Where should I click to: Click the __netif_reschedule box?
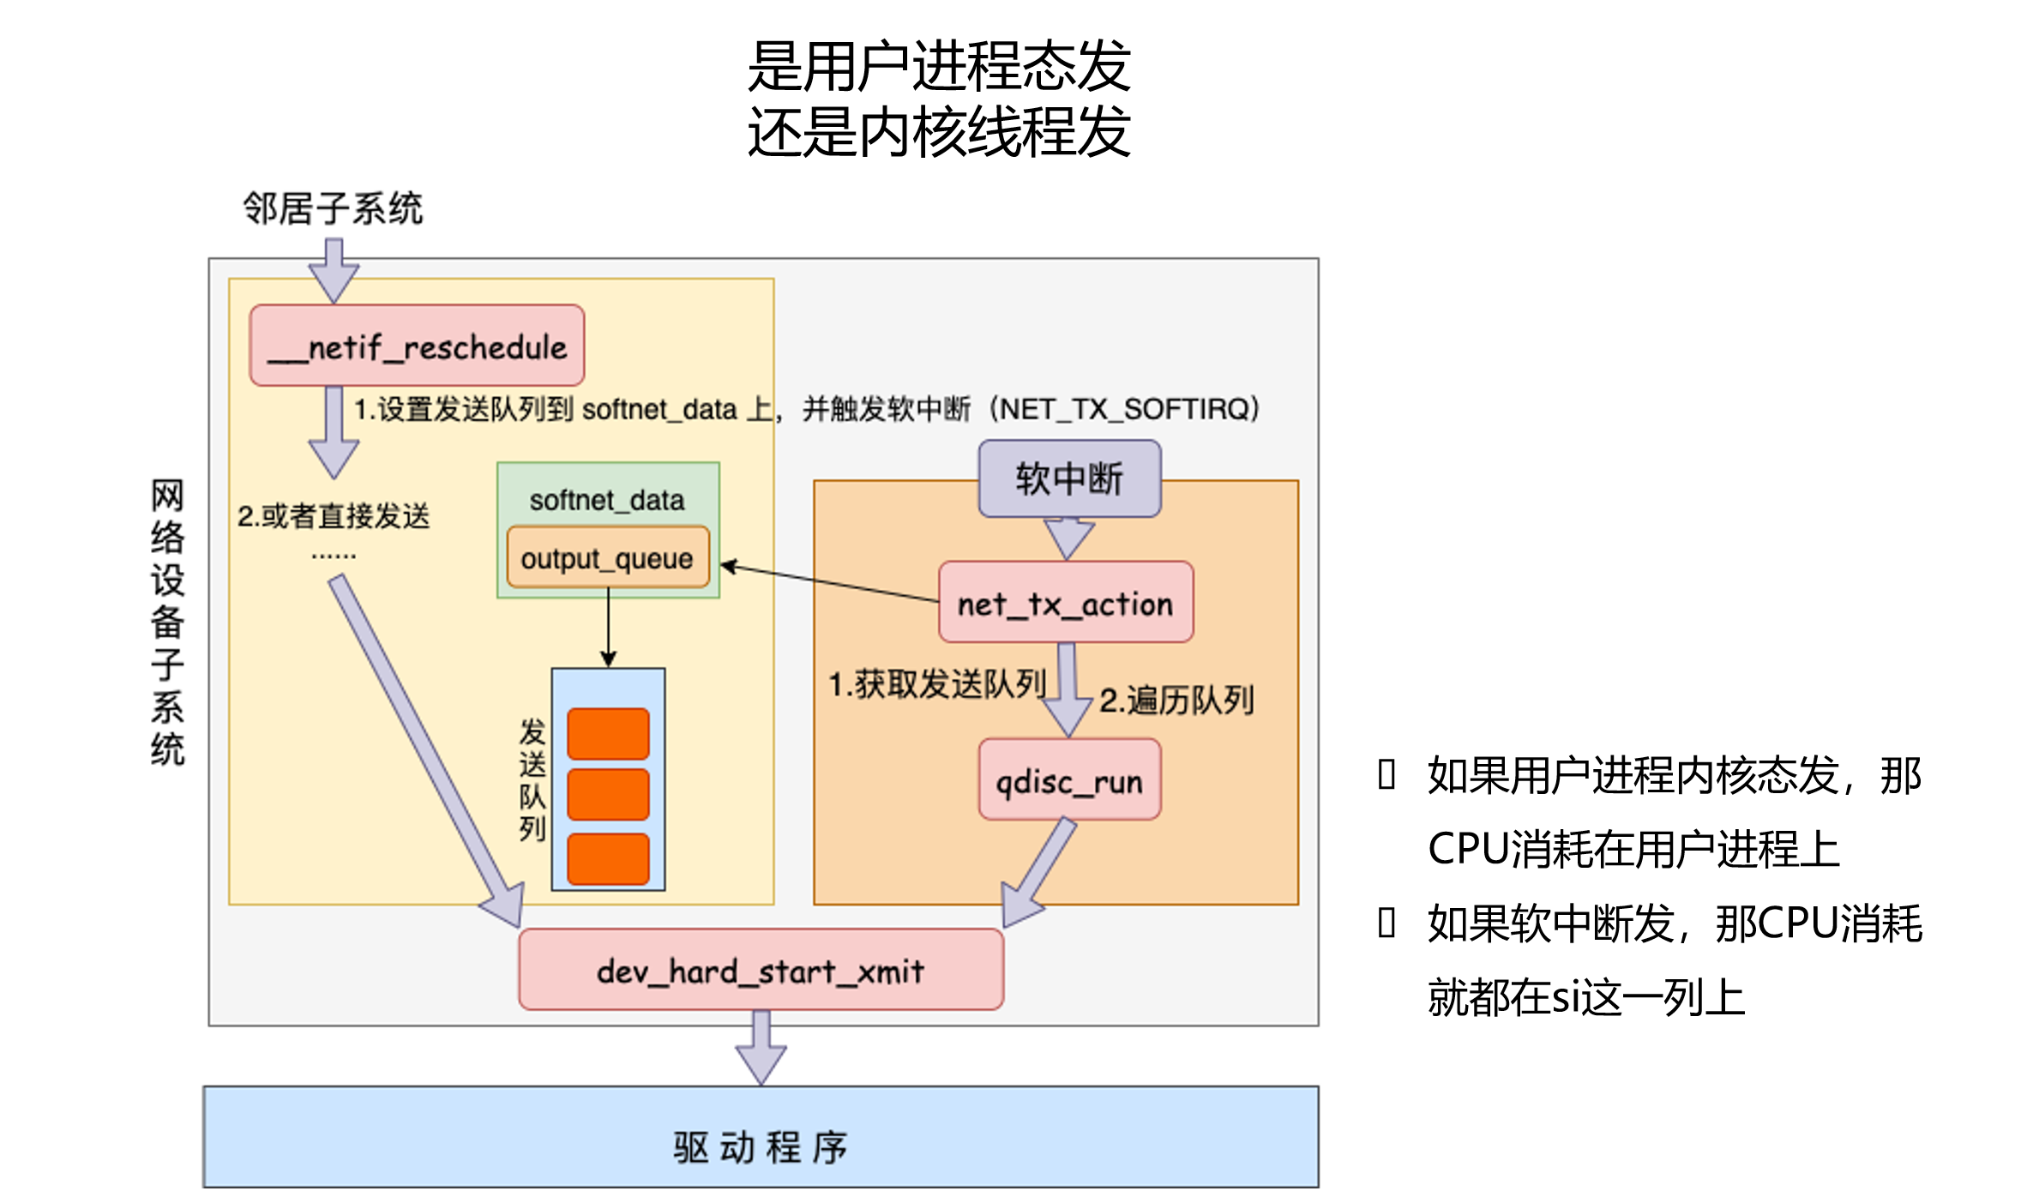pyautogui.click(x=417, y=346)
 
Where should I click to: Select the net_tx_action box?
pyautogui.click(x=1065, y=603)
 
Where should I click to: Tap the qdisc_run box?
pyautogui.click(x=1069, y=780)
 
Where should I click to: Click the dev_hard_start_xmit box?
pyautogui.click(x=761, y=970)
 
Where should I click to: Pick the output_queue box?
pyautogui.click(x=607, y=558)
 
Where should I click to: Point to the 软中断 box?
pyautogui.click(x=1069, y=478)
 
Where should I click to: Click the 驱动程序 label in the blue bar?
pyautogui.click(x=760, y=1146)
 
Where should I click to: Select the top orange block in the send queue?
pyautogui.click(x=608, y=734)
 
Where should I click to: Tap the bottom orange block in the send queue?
pyautogui.click(x=608, y=858)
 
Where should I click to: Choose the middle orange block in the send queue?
pyautogui.click(x=608, y=795)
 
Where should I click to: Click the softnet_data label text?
pyautogui.click(x=607, y=500)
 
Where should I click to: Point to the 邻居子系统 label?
pyautogui.click(x=333, y=208)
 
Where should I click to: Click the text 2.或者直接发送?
pyautogui.click(x=334, y=516)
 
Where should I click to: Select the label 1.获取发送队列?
pyautogui.click(x=936, y=684)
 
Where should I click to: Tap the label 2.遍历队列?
pyautogui.click(x=1176, y=701)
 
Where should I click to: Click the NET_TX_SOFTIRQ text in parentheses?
pyautogui.click(x=1125, y=409)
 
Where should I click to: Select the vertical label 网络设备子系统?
pyautogui.click(x=167, y=622)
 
